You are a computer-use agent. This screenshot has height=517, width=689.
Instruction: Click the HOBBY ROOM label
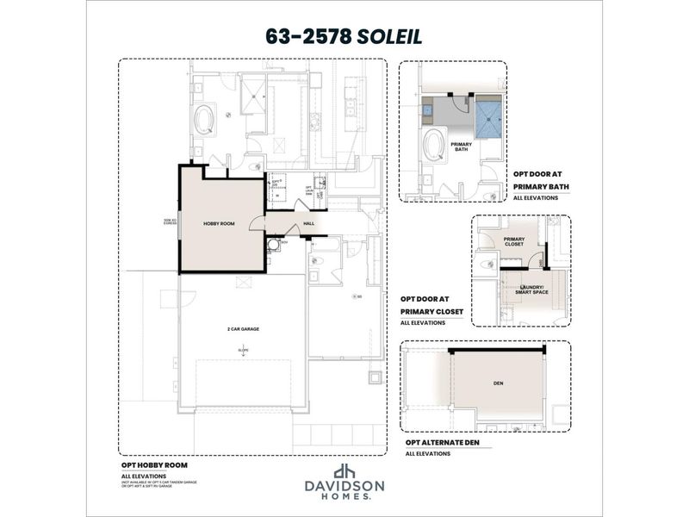tap(219, 223)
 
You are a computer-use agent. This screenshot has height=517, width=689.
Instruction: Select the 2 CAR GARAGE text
tap(243, 329)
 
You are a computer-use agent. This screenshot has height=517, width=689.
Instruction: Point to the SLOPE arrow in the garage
tap(243, 352)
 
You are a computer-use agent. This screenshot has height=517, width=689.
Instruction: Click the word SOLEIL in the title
tap(390, 36)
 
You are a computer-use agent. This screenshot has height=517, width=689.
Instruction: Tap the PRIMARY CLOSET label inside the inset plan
tap(514, 241)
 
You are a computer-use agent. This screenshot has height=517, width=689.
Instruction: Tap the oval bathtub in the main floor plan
tap(205, 120)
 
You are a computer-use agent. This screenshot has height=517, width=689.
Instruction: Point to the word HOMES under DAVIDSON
tap(344, 496)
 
